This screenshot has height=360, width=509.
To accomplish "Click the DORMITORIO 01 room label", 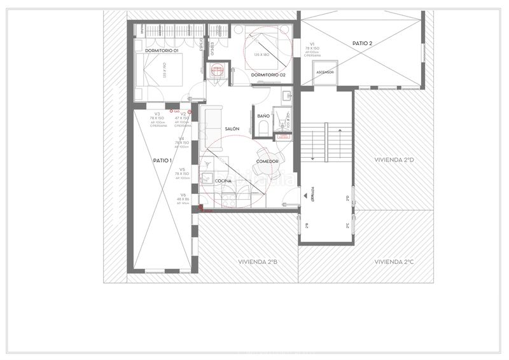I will tap(161, 50).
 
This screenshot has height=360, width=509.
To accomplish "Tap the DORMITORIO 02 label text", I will tap(268, 74).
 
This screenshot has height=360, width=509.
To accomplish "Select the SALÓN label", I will tap(232, 129).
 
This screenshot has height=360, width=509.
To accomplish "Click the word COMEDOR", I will tap(267, 162).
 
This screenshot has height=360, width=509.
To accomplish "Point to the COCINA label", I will tap(223, 181).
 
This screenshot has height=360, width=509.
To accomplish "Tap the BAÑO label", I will tap(263, 116).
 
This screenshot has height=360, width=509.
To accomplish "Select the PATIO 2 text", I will tap(362, 43).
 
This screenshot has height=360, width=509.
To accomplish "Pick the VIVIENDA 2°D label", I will tap(394, 160).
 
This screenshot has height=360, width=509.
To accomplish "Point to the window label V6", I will tap(183, 195).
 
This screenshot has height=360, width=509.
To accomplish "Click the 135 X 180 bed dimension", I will tap(262, 56).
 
